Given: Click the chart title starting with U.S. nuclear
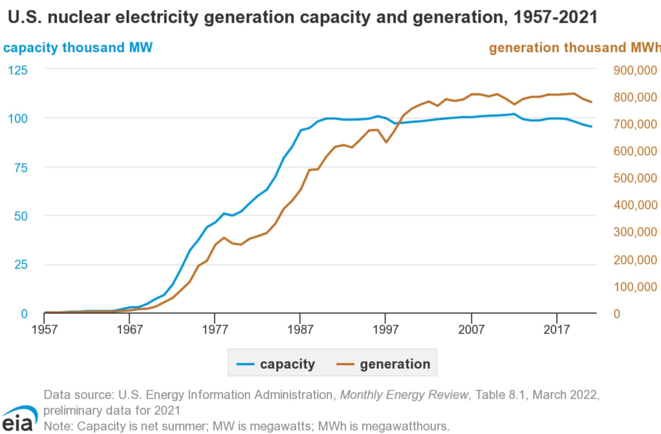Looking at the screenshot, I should tap(302, 17).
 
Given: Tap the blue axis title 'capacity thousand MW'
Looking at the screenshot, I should tap(78, 48).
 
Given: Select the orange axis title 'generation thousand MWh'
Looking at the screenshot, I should tap(574, 48).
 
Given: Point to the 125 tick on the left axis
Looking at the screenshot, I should tap(18, 71).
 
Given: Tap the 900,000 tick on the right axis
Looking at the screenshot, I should tap(635, 71).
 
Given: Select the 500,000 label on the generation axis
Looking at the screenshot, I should tap(635, 178).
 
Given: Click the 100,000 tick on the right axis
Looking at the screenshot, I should tap(635, 287).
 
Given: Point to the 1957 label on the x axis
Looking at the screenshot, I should tap(44, 329).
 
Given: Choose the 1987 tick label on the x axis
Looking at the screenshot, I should tap(300, 329).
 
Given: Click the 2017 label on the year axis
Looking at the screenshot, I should tap(557, 329).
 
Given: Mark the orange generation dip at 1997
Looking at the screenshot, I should tap(386, 142).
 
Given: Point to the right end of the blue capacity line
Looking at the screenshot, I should tap(591, 126).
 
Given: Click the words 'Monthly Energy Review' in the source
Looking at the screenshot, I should tap(404, 395).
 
